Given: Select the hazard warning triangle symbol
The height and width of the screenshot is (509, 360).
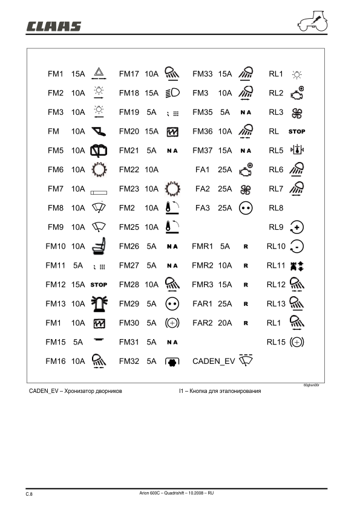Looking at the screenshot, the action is (x=97, y=74).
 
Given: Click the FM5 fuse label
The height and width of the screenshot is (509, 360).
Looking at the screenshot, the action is (x=56, y=151).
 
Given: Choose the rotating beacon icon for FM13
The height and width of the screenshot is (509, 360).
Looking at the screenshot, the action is (x=98, y=303).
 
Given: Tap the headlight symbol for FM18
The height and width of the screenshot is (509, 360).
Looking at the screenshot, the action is (x=172, y=93).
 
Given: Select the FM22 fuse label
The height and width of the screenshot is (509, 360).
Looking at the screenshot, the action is (x=129, y=170).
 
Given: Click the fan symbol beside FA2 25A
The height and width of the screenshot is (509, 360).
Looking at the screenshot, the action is (x=245, y=189).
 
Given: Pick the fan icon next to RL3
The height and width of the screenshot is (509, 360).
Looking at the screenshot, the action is (x=296, y=112).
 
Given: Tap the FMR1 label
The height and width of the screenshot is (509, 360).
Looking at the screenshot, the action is (x=202, y=246).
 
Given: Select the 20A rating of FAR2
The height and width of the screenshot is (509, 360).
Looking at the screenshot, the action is (x=224, y=323).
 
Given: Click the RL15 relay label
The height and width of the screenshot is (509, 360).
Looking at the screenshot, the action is (x=276, y=342).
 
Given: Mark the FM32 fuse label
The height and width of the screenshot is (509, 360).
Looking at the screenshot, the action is (x=129, y=361).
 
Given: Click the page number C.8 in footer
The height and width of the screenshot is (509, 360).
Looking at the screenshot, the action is (x=28, y=494).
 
